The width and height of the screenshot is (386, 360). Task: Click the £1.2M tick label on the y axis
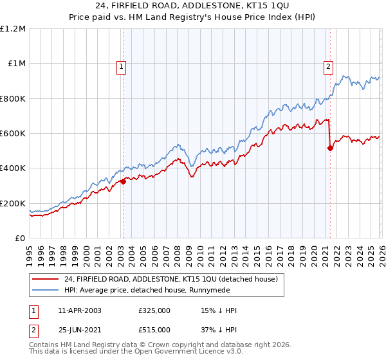click(x=13, y=29)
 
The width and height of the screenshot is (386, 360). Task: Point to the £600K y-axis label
click(x=13, y=134)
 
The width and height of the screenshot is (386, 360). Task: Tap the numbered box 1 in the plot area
click(x=122, y=65)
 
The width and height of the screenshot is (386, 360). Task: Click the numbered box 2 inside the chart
click(x=329, y=65)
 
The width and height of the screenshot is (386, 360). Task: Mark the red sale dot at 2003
click(x=123, y=182)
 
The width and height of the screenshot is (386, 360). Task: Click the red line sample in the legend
click(x=46, y=279)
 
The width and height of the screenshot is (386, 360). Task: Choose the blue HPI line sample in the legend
click(x=46, y=290)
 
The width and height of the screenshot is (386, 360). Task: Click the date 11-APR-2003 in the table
click(x=79, y=310)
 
